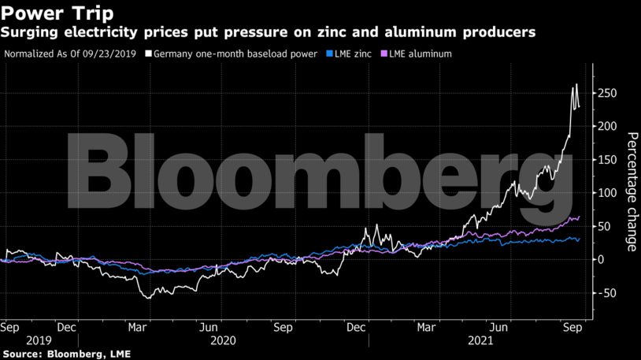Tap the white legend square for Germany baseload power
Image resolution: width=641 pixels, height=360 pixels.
click(149, 54)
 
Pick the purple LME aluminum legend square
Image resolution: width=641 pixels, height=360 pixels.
click(383, 54)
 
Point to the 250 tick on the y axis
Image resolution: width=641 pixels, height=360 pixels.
click(604, 94)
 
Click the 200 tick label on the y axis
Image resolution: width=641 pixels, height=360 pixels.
click(604, 127)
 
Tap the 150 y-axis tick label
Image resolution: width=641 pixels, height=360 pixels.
click(604, 160)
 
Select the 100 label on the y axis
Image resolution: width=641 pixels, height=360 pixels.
click(604, 193)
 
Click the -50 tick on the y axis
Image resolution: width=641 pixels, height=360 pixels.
click(604, 293)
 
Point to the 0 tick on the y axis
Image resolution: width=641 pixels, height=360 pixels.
click(599, 260)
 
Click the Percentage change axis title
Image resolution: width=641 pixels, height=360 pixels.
click(632, 192)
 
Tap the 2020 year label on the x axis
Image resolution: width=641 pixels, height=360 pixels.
click(223, 341)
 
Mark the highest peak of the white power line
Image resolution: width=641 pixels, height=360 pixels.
click(576, 84)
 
